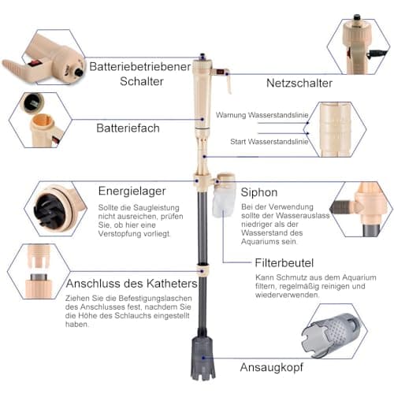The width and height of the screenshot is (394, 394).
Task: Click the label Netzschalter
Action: click(x=299, y=84)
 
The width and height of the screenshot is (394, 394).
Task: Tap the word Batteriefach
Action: click(x=128, y=128)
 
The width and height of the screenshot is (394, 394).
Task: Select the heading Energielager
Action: click(x=132, y=191)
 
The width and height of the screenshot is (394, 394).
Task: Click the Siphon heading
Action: click(x=259, y=192)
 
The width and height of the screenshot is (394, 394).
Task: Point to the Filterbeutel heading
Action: click(x=284, y=263)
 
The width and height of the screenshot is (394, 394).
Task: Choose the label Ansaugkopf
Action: click(x=272, y=367)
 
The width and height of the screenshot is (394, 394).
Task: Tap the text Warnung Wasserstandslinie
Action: click(x=262, y=115)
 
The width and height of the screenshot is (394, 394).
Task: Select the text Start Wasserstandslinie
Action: click(x=269, y=142)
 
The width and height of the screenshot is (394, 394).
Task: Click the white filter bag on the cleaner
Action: click(x=223, y=203)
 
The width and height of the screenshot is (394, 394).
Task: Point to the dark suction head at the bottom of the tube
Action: click(x=203, y=357)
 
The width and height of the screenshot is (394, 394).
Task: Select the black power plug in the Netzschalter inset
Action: click(x=377, y=54)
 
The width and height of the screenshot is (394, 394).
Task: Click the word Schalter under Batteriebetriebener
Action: click(x=142, y=81)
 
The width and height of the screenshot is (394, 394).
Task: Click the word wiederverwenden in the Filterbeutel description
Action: click(x=288, y=295)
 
